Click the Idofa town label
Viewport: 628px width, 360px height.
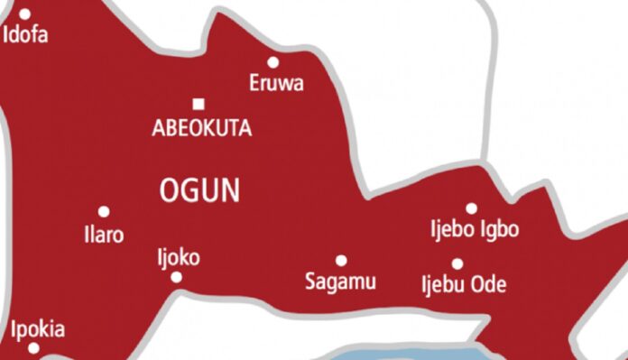click(x=26, y=36)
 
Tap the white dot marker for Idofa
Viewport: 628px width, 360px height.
click(x=25, y=14)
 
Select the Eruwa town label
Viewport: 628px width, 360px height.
click(x=276, y=84)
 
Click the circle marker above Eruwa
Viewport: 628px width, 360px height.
click(x=273, y=62)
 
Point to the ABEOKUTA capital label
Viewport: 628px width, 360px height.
click(x=202, y=129)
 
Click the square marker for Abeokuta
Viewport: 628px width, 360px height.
click(x=199, y=104)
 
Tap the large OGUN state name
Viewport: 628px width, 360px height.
click(x=199, y=190)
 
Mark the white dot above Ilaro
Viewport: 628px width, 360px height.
click(x=104, y=212)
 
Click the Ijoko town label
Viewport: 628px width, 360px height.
click(x=178, y=258)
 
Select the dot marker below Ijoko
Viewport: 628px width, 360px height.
click(x=177, y=277)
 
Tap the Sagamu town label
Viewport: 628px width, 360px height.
click(x=340, y=282)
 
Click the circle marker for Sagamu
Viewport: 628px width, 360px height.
click(x=341, y=261)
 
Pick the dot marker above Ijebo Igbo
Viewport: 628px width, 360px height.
click(x=471, y=208)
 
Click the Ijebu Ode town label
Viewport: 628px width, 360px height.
click(x=465, y=285)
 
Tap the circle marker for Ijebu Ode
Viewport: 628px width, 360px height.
click(x=457, y=263)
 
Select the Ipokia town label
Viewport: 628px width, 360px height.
click(x=38, y=329)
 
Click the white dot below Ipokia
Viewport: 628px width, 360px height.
click(x=33, y=348)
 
